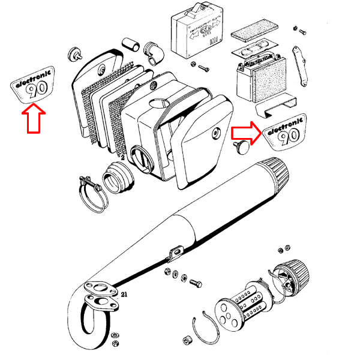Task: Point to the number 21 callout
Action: [124, 295]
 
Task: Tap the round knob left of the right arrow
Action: [240, 147]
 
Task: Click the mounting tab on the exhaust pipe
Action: [175, 253]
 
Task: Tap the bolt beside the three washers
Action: [195, 281]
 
